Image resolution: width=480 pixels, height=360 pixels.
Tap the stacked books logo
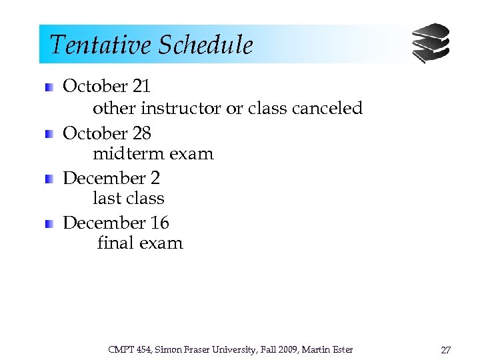(x=430, y=43)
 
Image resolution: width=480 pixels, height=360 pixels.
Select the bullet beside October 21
(x=49, y=87)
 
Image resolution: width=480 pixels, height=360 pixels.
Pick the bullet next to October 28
(x=49, y=134)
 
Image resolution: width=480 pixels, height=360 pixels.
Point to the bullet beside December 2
(x=49, y=179)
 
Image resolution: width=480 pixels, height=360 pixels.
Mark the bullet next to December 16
(x=49, y=224)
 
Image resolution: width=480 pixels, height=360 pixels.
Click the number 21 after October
(x=141, y=86)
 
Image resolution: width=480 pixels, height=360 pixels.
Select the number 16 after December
(x=159, y=223)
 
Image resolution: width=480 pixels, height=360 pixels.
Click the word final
(x=115, y=243)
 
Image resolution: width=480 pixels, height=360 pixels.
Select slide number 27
(x=445, y=350)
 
